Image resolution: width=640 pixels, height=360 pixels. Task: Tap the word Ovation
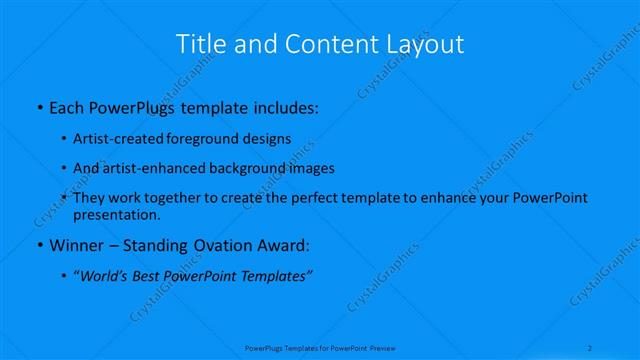point(222,244)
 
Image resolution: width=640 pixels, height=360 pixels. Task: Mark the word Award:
point(284,244)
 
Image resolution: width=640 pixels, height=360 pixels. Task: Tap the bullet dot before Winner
point(38,245)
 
